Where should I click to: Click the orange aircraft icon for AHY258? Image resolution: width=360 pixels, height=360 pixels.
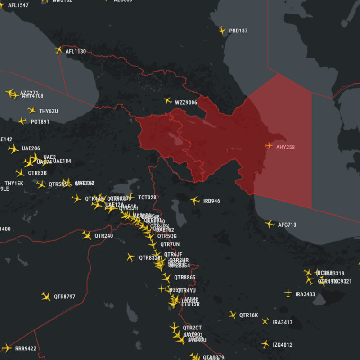point(269,145)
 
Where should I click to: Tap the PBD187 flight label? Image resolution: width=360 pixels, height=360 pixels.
point(238,31)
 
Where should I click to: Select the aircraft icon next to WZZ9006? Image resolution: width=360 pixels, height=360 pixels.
point(168,101)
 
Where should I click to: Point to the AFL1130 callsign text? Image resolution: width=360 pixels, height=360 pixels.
point(76,51)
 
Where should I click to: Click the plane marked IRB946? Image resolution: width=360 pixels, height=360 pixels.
point(195,200)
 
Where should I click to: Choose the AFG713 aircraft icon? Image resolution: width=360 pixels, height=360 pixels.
point(270,224)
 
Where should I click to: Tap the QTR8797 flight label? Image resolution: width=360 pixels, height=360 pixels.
point(64,297)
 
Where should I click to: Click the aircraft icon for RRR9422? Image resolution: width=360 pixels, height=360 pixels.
point(7,347)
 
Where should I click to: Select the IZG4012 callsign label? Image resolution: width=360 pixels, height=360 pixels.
point(283,345)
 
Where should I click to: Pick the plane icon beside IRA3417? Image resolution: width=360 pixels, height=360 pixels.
point(265,321)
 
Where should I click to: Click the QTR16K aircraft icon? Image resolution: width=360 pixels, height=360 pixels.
point(232,315)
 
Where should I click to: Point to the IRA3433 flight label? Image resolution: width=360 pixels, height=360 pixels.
point(305,294)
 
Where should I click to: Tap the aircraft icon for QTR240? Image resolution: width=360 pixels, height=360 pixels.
point(87,235)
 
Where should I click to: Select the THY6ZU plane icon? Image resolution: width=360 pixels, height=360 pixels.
point(31,110)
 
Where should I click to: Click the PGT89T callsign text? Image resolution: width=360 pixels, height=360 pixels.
point(40,122)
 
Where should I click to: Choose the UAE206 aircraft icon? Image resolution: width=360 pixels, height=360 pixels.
point(13,148)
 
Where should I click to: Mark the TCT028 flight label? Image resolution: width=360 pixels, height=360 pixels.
point(147,198)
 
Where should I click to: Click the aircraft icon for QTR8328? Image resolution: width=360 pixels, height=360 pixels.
point(130,257)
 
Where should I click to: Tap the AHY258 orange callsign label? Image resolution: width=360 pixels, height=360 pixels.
point(285,147)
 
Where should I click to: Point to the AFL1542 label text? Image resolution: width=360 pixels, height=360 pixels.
point(18,6)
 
